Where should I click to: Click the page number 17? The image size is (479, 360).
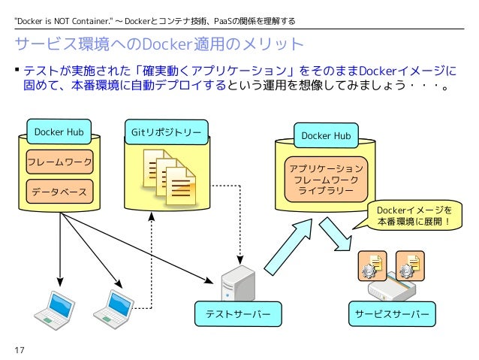pos(20,350)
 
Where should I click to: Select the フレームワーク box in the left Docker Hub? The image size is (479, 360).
pos(59,162)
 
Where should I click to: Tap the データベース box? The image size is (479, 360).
pos(59,192)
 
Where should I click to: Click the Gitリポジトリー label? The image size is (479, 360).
pos(167,132)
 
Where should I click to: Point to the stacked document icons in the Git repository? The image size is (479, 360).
pos(169,177)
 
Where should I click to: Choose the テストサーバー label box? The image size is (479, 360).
pos(238,314)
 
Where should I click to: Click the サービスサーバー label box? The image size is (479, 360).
pos(392,314)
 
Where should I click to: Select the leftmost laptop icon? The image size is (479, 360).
pos(54,310)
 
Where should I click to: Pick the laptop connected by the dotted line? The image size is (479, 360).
pos(113,310)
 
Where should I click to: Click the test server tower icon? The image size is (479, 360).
pos(238,283)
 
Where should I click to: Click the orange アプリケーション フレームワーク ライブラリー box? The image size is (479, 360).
pos(326,180)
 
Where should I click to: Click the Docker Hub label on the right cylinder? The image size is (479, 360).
pos(326,135)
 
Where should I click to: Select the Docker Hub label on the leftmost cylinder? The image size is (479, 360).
pos(59,132)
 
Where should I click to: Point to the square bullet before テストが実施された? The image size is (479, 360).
pos(17,70)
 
